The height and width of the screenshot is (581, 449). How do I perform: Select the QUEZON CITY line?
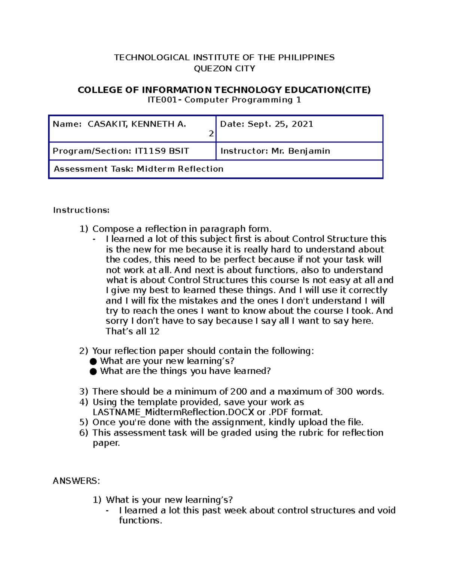tap(224, 69)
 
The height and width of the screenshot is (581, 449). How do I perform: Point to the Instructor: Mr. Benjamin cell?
tap(275, 151)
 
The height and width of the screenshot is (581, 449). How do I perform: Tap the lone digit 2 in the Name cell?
tap(211, 134)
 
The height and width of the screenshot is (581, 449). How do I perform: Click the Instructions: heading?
tap(81, 210)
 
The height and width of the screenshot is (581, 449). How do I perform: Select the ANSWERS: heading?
tap(76, 481)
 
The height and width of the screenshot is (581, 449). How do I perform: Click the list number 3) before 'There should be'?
tap(83, 392)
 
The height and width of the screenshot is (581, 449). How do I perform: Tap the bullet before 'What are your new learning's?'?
tap(93, 361)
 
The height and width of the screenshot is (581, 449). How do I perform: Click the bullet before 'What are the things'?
tap(93, 371)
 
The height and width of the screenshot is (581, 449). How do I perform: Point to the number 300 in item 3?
tap(344, 392)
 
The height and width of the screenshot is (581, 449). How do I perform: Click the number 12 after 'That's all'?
tap(154, 331)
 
